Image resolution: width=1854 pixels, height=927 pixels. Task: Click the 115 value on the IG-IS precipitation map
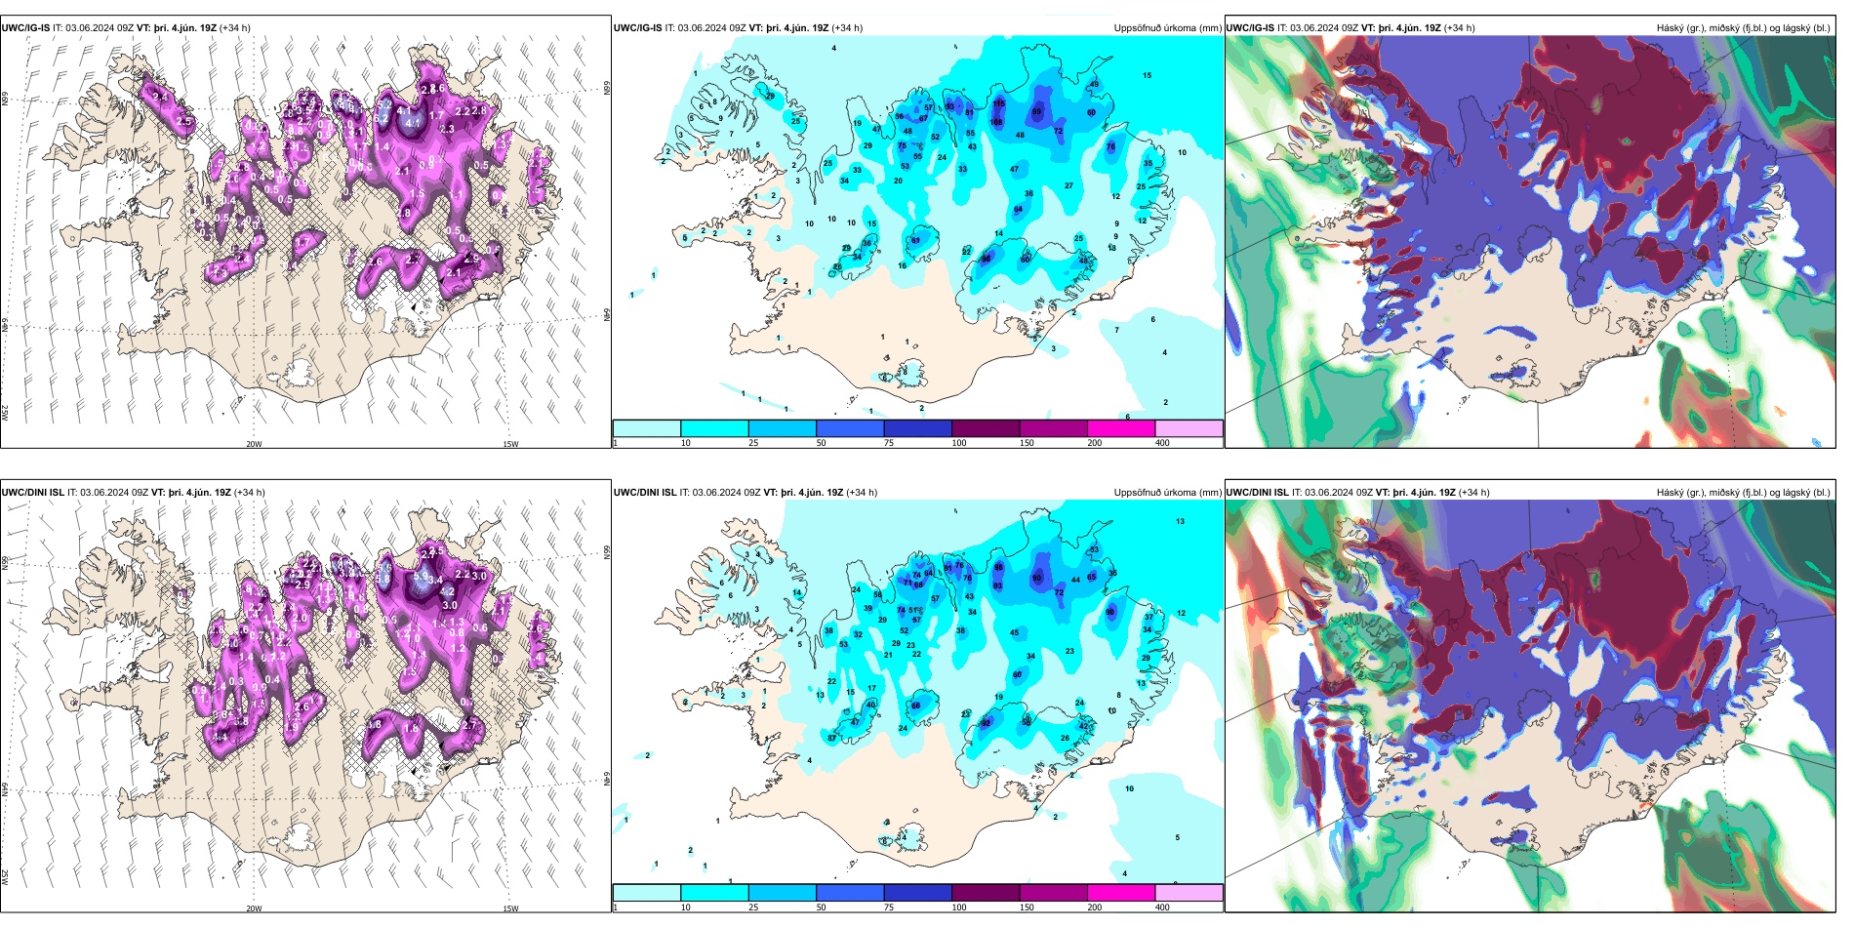pyautogui.click(x=998, y=102)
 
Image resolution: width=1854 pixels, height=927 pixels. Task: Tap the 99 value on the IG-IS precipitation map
pyautogui.click(x=1037, y=111)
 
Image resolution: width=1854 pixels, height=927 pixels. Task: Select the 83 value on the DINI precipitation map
pyautogui.click(x=998, y=585)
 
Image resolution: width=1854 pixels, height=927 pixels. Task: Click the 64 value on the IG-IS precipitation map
pyautogui.click(x=1018, y=210)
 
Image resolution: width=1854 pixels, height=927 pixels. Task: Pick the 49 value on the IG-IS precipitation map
pyautogui.click(x=1094, y=85)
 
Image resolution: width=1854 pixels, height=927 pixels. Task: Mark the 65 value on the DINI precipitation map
pyautogui.click(x=1092, y=577)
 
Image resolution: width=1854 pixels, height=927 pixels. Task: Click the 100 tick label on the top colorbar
pyautogui.click(x=959, y=443)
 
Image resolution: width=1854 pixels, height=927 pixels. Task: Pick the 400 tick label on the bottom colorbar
pyautogui.click(x=1162, y=907)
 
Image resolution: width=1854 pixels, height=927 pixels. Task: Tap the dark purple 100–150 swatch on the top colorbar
pyautogui.click(x=986, y=428)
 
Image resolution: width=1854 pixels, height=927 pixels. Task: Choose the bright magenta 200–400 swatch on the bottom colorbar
pyautogui.click(x=1121, y=893)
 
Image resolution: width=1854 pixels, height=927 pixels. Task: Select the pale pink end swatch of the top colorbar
pyautogui.click(x=1189, y=428)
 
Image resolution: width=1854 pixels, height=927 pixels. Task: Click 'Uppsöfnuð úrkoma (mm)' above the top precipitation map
pyautogui.click(x=1166, y=28)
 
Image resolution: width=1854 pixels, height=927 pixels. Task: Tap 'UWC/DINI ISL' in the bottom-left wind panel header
pyautogui.click(x=33, y=493)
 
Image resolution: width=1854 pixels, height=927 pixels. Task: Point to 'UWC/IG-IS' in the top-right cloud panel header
pyautogui.click(x=1250, y=28)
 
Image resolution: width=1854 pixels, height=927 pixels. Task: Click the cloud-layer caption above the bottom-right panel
pyautogui.click(x=1743, y=493)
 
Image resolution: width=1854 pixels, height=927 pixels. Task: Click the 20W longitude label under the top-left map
pyautogui.click(x=254, y=444)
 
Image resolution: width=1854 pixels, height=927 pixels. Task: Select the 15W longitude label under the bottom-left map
pyautogui.click(x=510, y=908)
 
